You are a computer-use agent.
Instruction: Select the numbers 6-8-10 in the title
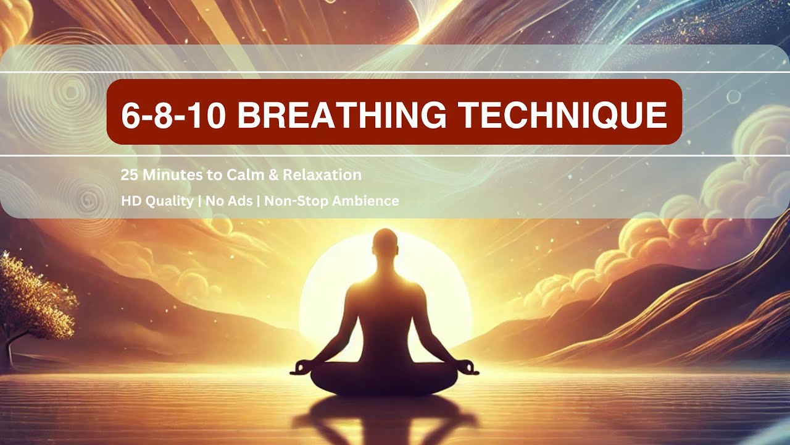(173, 115)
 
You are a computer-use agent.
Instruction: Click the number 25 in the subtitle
(129, 175)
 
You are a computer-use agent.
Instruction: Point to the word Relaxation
(322, 175)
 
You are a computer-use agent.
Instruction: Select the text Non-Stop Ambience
(331, 201)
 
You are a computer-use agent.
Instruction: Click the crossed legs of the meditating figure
(385, 378)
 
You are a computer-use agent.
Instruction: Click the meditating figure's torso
(385, 309)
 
